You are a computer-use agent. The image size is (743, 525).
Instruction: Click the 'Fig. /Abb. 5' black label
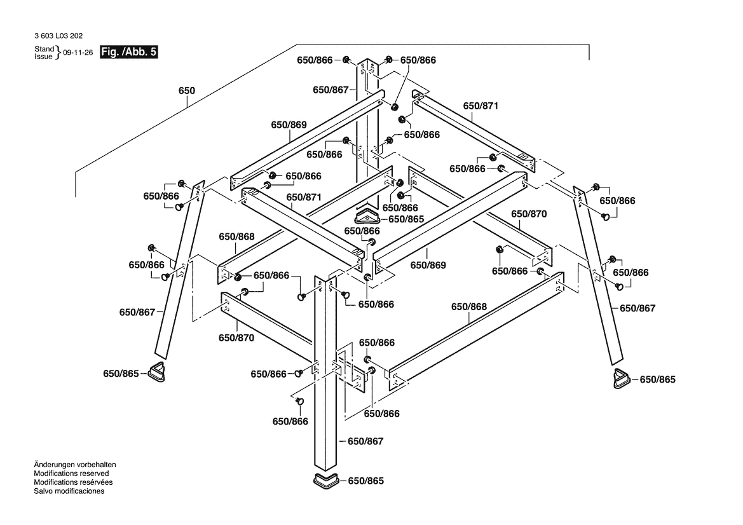(x=129, y=53)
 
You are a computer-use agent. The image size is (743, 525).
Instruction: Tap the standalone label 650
(x=186, y=91)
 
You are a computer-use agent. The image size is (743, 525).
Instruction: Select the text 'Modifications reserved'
(x=71, y=474)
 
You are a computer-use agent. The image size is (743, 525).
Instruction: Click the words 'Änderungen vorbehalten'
(x=74, y=465)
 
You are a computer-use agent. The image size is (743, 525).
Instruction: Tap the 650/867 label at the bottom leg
(x=365, y=441)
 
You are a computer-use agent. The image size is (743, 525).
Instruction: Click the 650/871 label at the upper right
(x=481, y=106)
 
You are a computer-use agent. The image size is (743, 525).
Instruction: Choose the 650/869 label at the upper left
(x=289, y=125)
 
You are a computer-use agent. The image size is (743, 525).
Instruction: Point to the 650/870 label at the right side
(x=529, y=214)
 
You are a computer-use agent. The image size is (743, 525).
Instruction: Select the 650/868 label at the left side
(x=236, y=236)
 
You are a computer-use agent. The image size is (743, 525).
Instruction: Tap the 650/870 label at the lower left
(x=236, y=337)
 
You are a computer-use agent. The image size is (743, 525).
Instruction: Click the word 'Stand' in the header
(x=44, y=49)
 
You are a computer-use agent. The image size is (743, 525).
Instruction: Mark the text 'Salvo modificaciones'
(x=69, y=491)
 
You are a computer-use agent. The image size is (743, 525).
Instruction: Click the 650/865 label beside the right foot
(x=657, y=379)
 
